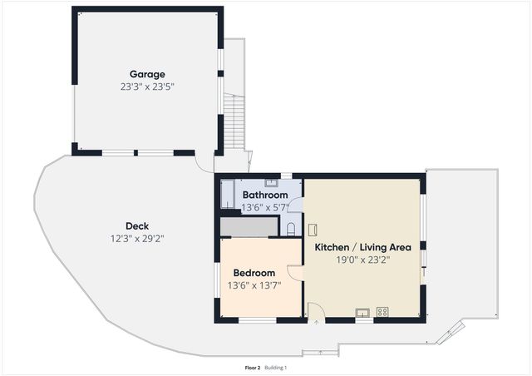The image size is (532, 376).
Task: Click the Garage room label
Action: (146, 74)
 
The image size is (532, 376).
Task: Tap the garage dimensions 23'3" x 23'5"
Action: (146, 86)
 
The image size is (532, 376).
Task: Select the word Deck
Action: (137, 226)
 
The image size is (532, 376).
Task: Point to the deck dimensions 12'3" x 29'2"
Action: (137, 238)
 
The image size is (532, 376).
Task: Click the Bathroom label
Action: (265, 195)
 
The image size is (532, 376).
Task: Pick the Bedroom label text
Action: (254, 273)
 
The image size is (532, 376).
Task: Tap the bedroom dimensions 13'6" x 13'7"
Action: (254, 284)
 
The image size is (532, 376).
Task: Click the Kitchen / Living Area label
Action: (362, 247)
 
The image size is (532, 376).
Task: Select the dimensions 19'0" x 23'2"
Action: (362, 259)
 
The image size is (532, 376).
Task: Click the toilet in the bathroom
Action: (290, 228)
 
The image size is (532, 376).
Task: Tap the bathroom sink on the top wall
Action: (271, 182)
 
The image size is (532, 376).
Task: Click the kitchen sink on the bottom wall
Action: (363, 313)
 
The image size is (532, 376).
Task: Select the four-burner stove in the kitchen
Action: (382, 312)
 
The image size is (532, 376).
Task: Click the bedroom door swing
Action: (294, 273)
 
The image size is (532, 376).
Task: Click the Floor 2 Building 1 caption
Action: (265, 367)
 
